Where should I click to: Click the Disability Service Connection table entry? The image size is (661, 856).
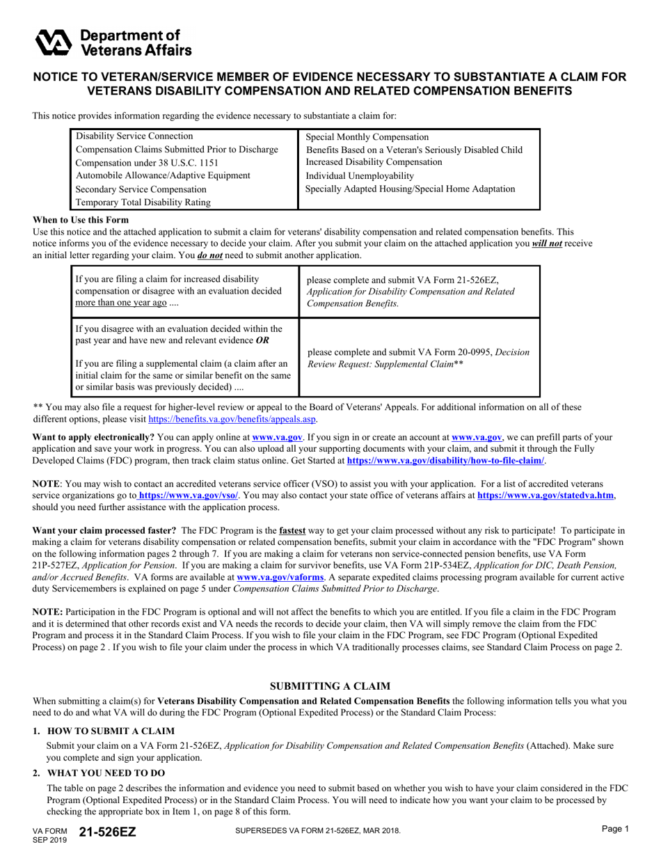point(134,136)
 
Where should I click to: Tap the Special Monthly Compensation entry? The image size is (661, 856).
point(367,137)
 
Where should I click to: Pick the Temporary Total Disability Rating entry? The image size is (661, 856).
point(143,203)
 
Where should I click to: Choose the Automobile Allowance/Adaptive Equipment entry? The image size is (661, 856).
point(163,175)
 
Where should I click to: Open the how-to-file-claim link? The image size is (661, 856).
point(445,461)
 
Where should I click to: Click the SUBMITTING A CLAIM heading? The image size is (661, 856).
point(330,686)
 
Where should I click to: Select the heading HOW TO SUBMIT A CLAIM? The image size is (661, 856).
point(111,731)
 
